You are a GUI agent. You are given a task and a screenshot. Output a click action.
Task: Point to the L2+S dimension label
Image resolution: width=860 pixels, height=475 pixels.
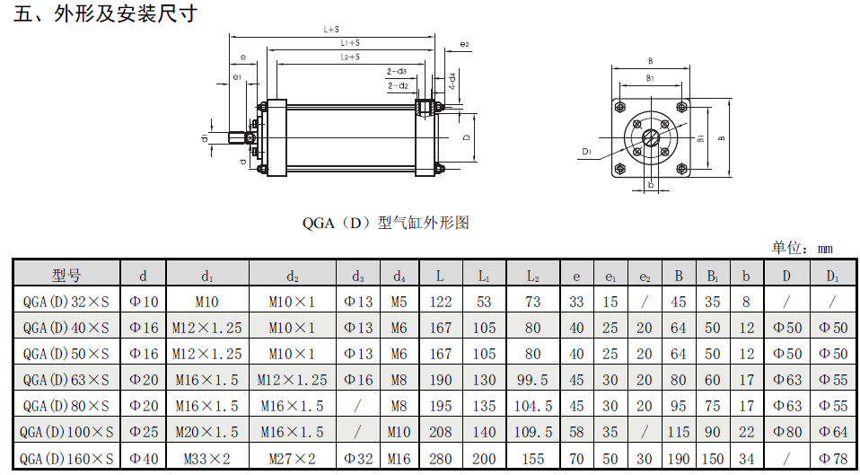(350, 57)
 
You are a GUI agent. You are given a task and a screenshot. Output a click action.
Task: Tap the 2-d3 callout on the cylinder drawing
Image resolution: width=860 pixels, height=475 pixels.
(397, 71)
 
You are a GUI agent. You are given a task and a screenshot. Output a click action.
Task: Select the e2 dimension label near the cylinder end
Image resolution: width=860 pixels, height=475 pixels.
(464, 44)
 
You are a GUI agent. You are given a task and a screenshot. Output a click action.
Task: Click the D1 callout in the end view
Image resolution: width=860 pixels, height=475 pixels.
(587, 151)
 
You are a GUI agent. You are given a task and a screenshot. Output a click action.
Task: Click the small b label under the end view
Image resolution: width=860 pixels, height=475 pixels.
(651, 185)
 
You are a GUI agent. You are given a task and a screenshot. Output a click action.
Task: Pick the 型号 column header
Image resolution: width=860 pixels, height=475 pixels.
(66, 274)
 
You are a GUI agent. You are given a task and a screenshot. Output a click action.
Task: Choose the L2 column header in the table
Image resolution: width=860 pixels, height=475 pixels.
(533, 276)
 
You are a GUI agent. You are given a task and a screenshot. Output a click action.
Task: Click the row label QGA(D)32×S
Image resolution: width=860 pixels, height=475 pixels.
(66, 301)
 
